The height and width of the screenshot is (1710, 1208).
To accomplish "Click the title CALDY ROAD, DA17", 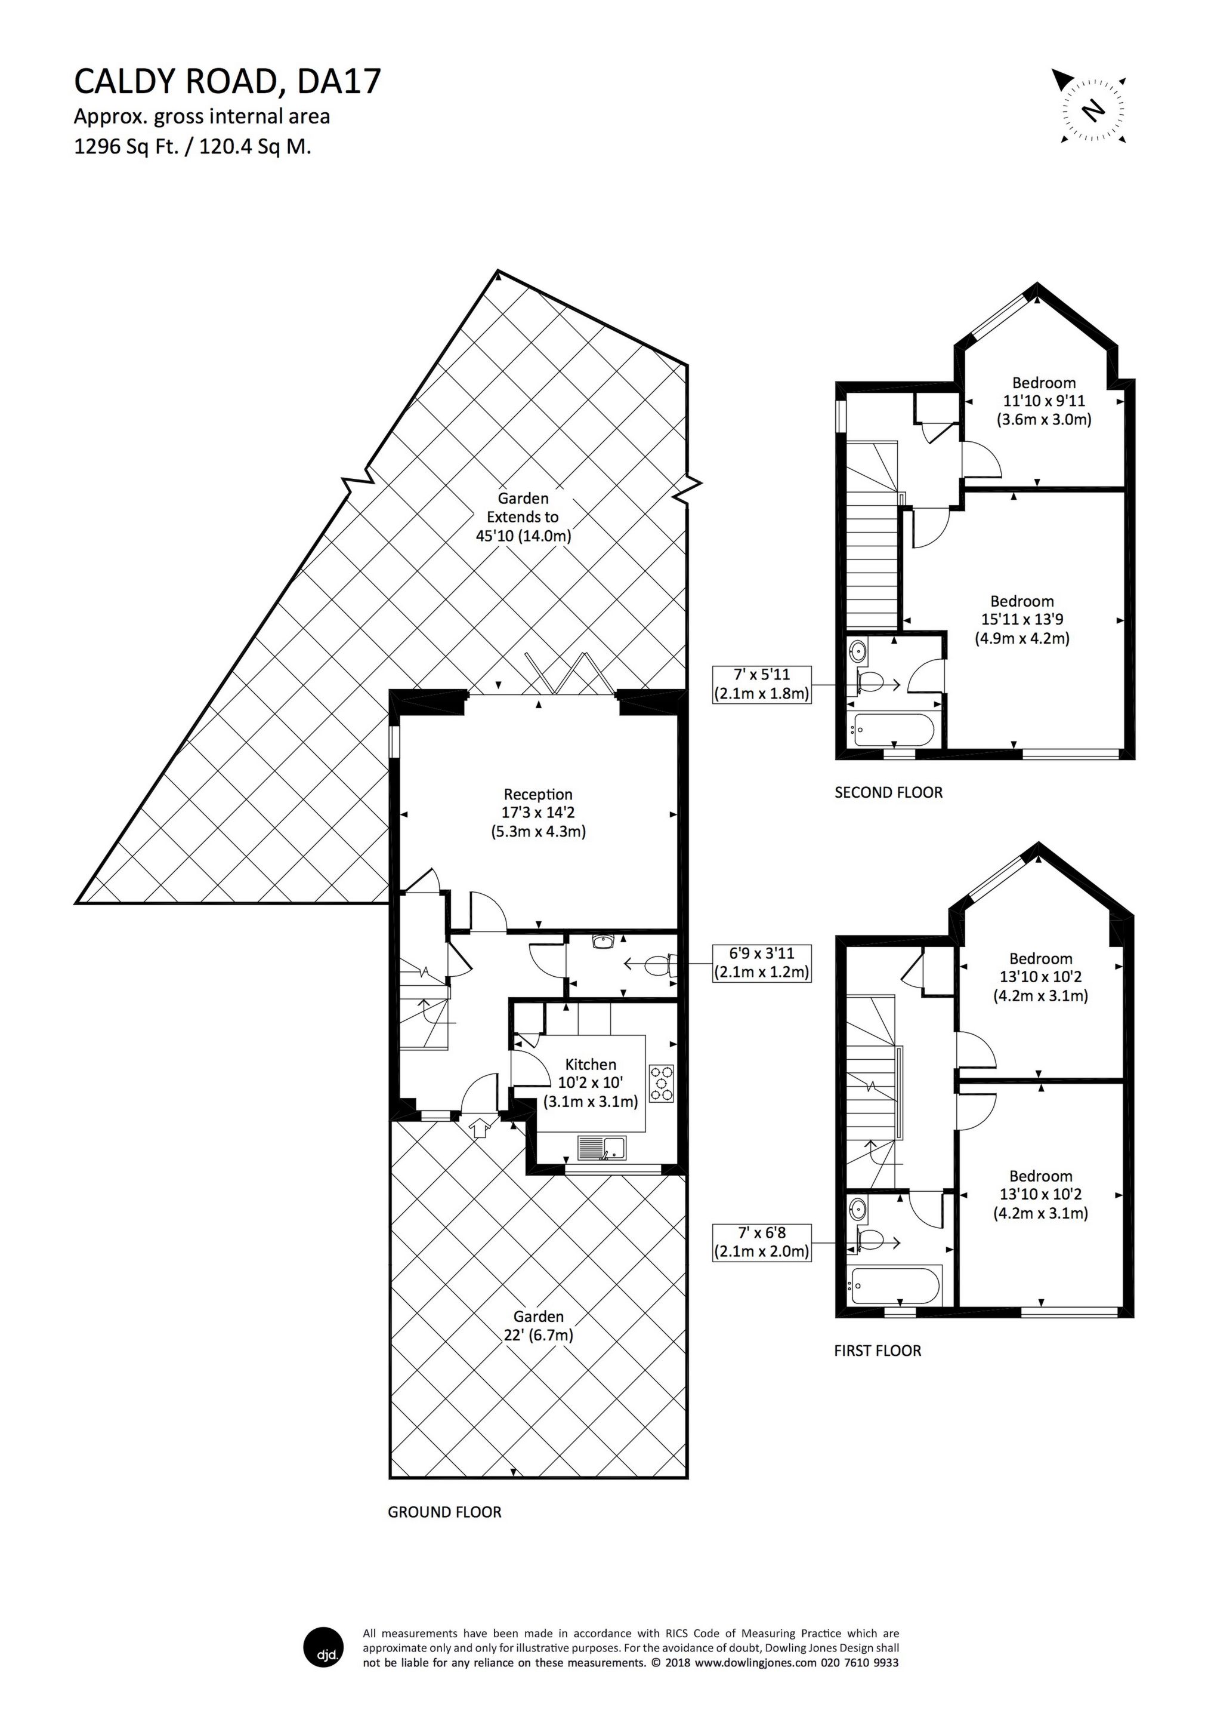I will coord(227,82).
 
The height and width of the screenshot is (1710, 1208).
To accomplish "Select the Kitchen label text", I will coord(590,1065).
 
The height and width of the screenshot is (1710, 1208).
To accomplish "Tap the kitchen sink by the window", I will coord(604,1147).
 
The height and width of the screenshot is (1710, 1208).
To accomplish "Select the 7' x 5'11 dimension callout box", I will coord(761,684).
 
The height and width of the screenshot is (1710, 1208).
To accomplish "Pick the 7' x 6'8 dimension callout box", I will coord(761,1241).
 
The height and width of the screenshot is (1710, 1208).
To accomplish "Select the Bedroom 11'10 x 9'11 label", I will coord(1043,401).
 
